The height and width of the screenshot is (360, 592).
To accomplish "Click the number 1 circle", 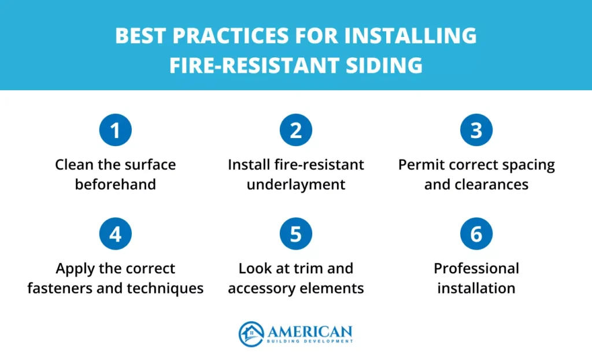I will pos(116,130).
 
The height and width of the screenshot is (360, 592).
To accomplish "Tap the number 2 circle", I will pos(296,130).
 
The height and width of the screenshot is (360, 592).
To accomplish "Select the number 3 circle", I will pos(476,130).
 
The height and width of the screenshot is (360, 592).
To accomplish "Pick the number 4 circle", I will pos(116,234).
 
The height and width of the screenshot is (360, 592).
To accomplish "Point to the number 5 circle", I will pos(296,234).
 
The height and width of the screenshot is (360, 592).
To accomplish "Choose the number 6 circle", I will pos(476,234).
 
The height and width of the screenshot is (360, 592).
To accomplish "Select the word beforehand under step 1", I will pos(116,185).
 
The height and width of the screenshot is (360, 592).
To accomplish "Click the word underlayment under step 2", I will pos(296,185).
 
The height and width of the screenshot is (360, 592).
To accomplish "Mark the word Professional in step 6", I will pos(476,269).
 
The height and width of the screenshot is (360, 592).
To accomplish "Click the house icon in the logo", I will pos(251,334).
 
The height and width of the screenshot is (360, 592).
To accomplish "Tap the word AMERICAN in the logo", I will pos(309,331).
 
